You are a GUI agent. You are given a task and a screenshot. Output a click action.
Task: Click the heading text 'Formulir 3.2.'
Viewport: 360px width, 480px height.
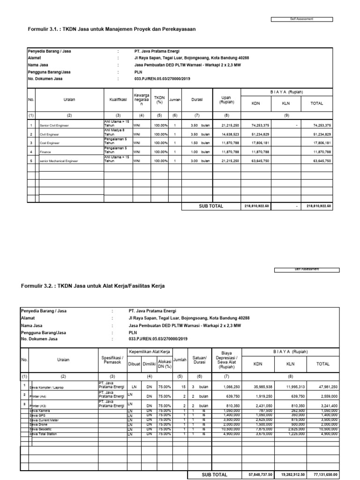pyautogui.click(x=38, y=285)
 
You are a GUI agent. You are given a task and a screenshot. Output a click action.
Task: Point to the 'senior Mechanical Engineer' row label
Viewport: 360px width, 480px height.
pyautogui.click(x=59, y=161)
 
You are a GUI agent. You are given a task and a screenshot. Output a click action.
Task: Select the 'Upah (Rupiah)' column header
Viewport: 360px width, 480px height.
pyautogui.click(x=226, y=100)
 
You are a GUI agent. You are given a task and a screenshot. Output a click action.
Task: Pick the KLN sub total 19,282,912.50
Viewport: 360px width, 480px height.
pyautogui.click(x=289, y=474)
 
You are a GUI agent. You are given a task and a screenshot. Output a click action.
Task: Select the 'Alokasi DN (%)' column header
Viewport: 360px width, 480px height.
pyautogui.click(x=164, y=363)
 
